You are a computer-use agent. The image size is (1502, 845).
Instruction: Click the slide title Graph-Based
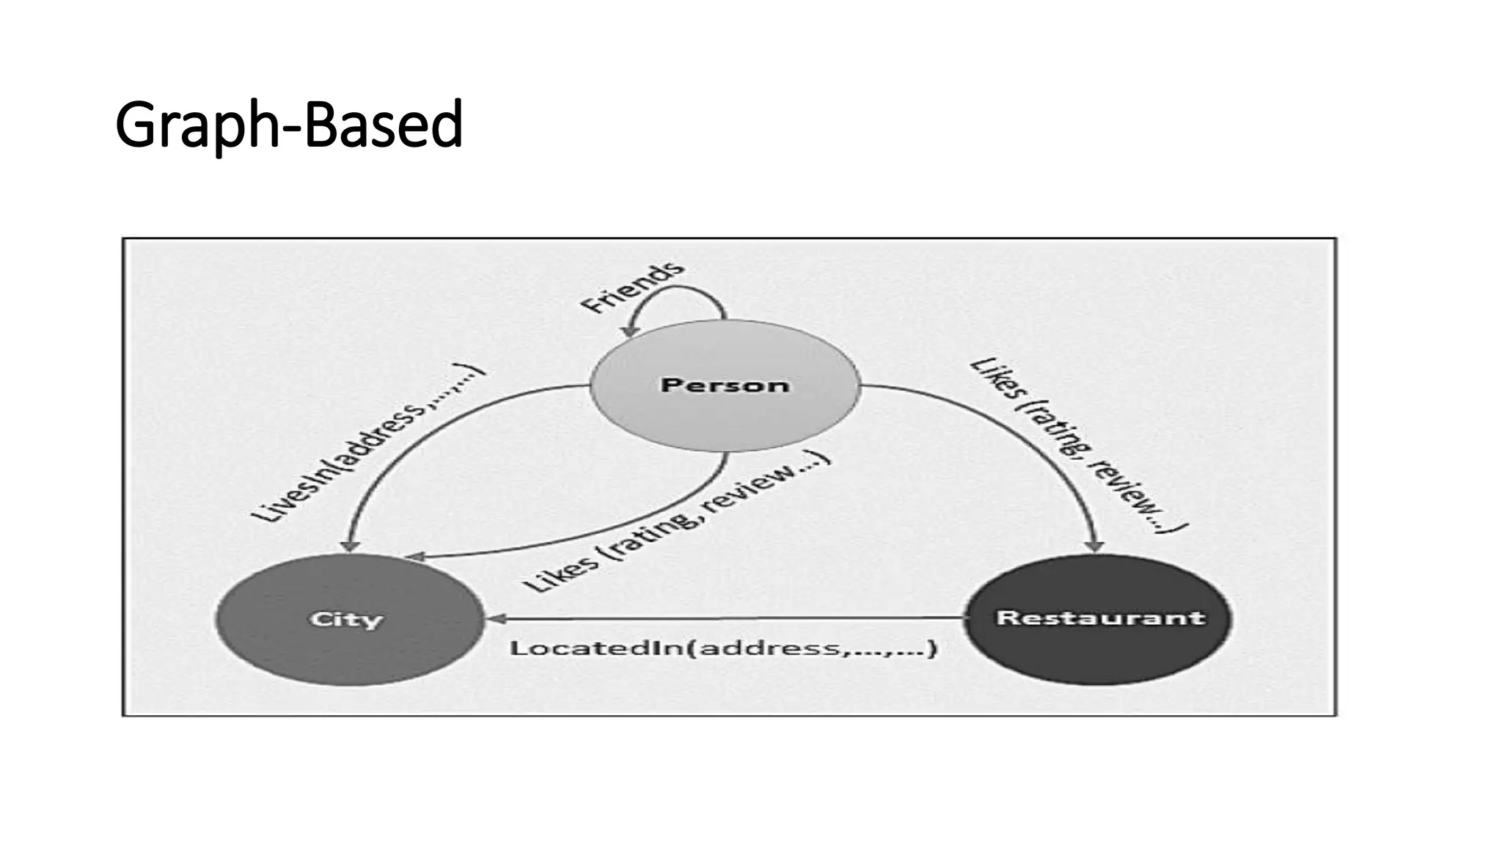click(289, 125)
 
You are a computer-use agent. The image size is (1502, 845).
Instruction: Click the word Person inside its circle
click(725, 384)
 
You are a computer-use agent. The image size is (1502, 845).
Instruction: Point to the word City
click(346, 619)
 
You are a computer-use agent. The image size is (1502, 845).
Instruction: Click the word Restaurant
click(1099, 618)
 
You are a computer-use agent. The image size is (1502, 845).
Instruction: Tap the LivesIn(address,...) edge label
click(367, 443)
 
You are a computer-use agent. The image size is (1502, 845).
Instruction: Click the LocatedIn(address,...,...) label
click(723, 648)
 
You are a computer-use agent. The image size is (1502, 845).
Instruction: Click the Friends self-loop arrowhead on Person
click(629, 332)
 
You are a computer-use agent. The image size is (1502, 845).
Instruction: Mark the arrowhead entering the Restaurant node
click(1094, 546)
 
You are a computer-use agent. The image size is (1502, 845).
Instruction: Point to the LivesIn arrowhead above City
click(351, 546)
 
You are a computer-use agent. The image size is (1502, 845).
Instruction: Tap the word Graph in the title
click(192, 125)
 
